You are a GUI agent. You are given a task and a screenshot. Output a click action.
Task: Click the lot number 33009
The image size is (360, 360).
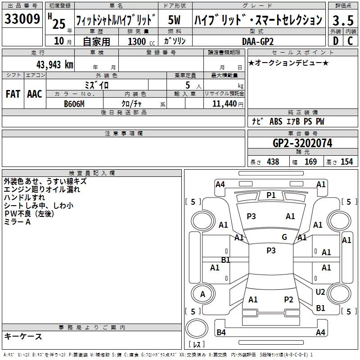tap(22, 19)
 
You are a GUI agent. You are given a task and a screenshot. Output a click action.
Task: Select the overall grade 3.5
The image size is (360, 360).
tap(343, 20)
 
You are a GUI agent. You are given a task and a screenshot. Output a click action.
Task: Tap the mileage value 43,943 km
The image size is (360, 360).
tap(55, 65)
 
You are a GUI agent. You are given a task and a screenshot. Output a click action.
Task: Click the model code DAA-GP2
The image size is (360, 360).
tap(258, 41)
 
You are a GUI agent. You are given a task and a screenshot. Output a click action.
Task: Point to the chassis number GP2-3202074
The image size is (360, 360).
tap(302, 143)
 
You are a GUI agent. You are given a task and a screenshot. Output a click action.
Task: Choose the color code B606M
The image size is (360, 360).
tap(74, 104)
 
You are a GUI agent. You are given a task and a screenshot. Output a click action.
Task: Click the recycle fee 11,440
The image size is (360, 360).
tap(225, 104)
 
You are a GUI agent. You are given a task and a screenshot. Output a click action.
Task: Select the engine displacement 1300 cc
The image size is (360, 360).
tap(141, 42)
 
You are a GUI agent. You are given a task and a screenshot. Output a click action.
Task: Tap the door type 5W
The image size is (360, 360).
tap(174, 20)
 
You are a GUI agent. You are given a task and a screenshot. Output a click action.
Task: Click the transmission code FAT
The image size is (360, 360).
tap(13, 94)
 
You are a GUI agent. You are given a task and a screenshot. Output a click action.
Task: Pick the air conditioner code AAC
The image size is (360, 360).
tap(35, 94)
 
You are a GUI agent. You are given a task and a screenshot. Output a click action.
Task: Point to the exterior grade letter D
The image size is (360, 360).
tap(336, 41)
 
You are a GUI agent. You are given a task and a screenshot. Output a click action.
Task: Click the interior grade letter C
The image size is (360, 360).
tap(350, 41)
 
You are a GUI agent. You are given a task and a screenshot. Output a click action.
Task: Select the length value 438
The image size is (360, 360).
tap(273, 162)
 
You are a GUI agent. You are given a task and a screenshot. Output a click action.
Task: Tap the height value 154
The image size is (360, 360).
tap(346, 162)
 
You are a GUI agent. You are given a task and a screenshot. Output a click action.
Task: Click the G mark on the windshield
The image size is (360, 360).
tap(284, 237)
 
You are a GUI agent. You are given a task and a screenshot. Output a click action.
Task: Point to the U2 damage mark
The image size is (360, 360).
tap(320, 292)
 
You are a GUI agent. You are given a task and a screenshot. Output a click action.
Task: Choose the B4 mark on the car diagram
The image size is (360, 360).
tap(221, 332)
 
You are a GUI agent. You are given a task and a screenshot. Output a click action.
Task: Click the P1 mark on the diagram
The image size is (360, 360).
tap(271, 195)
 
